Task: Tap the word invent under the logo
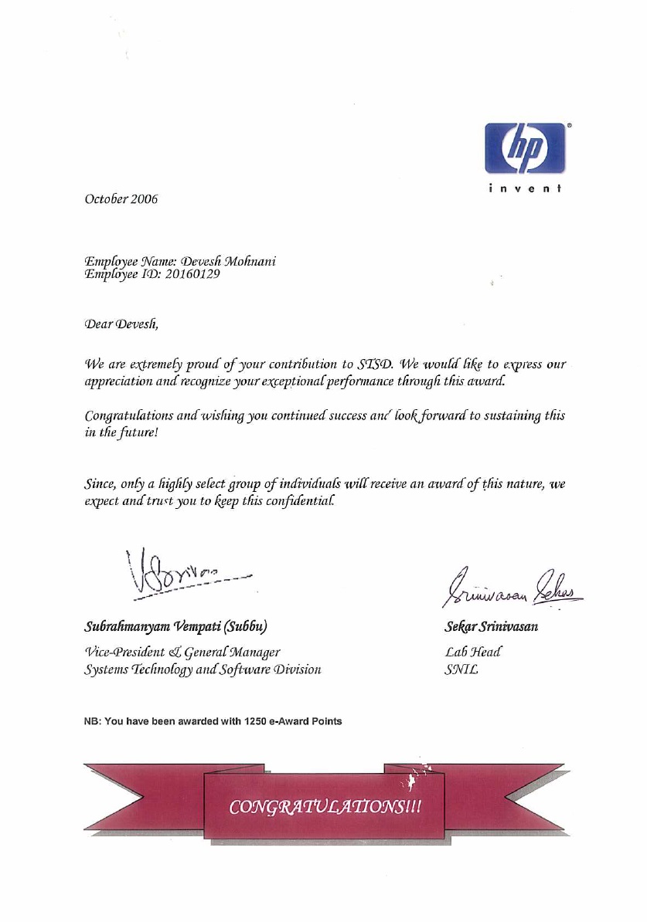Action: pyautogui.click(x=525, y=188)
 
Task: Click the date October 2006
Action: pyautogui.click(x=121, y=199)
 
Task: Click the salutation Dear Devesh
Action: pyautogui.click(x=121, y=324)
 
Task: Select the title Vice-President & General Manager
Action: pyautogui.click(x=182, y=653)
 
